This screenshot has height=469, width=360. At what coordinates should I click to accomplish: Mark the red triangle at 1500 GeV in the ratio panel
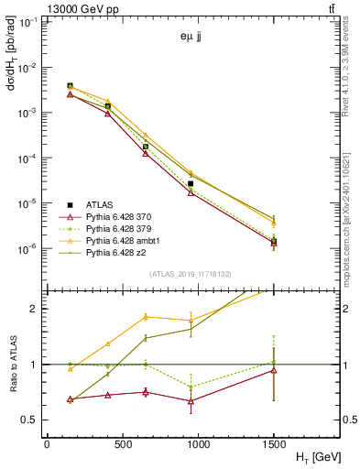tap(274, 370)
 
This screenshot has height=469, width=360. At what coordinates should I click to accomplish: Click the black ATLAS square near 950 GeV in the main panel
tap(191, 184)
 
